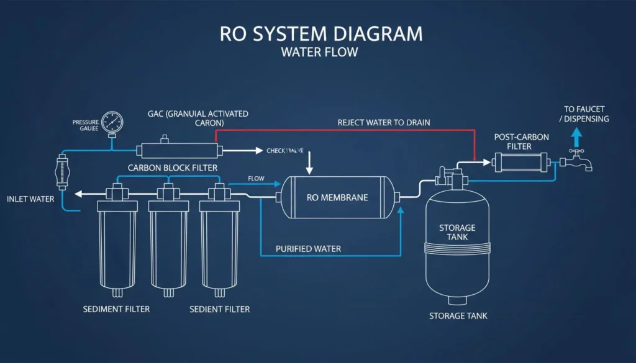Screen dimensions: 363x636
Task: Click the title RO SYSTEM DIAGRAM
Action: (317, 34)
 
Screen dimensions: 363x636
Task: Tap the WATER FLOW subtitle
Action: (319, 53)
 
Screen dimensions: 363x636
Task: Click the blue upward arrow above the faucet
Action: (577, 136)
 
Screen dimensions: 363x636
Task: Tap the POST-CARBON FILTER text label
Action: (521, 141)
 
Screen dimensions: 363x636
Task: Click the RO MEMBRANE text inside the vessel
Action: (337, 198)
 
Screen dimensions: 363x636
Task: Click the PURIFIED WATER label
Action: (308, 249)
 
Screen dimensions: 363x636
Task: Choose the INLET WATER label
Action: (30, 199)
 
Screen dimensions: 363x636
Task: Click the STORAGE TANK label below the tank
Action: (458, 316)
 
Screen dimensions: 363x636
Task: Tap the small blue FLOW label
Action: (256, 179)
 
